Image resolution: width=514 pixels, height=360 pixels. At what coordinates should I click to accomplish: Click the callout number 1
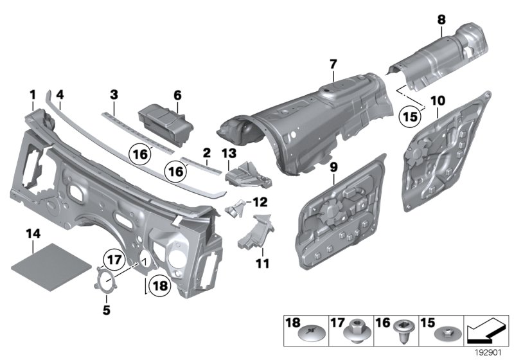[32, 95]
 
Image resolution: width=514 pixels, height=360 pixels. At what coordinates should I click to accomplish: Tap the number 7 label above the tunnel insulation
[333, 63]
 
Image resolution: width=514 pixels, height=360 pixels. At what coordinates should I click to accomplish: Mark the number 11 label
[263, 264]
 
